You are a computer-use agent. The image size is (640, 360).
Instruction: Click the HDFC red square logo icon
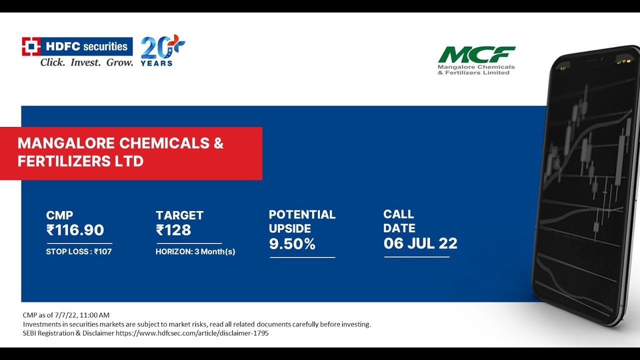click(30, 46)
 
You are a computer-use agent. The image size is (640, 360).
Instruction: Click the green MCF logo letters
click(476, 54)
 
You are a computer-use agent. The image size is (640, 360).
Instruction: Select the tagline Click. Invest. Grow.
click(86, 63)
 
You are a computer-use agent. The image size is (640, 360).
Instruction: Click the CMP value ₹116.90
click(75, 230)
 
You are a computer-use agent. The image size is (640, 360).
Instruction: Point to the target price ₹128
click(173, 230)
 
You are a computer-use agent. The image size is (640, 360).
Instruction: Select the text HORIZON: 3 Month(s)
click(195, 251)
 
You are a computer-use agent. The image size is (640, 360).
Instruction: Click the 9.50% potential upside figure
click(292, 244)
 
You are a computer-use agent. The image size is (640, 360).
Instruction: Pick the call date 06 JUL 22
click(420, 243)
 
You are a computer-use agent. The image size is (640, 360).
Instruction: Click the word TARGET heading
click(179, 215)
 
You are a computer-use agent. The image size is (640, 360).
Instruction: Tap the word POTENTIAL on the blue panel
click(302, 214)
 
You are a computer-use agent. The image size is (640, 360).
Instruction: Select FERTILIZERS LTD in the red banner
click(80, 161)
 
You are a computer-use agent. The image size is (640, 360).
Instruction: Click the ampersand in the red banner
click(218, 143)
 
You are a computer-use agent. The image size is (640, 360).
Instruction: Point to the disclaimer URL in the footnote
click(192, 333)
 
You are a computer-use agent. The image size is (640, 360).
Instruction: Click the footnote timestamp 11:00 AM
click(95, 315)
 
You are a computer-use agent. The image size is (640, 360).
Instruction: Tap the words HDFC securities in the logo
click(86, 46)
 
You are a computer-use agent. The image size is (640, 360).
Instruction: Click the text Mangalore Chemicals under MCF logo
click(476, 67)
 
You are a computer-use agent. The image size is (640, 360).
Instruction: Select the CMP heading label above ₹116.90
click(59, 215)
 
